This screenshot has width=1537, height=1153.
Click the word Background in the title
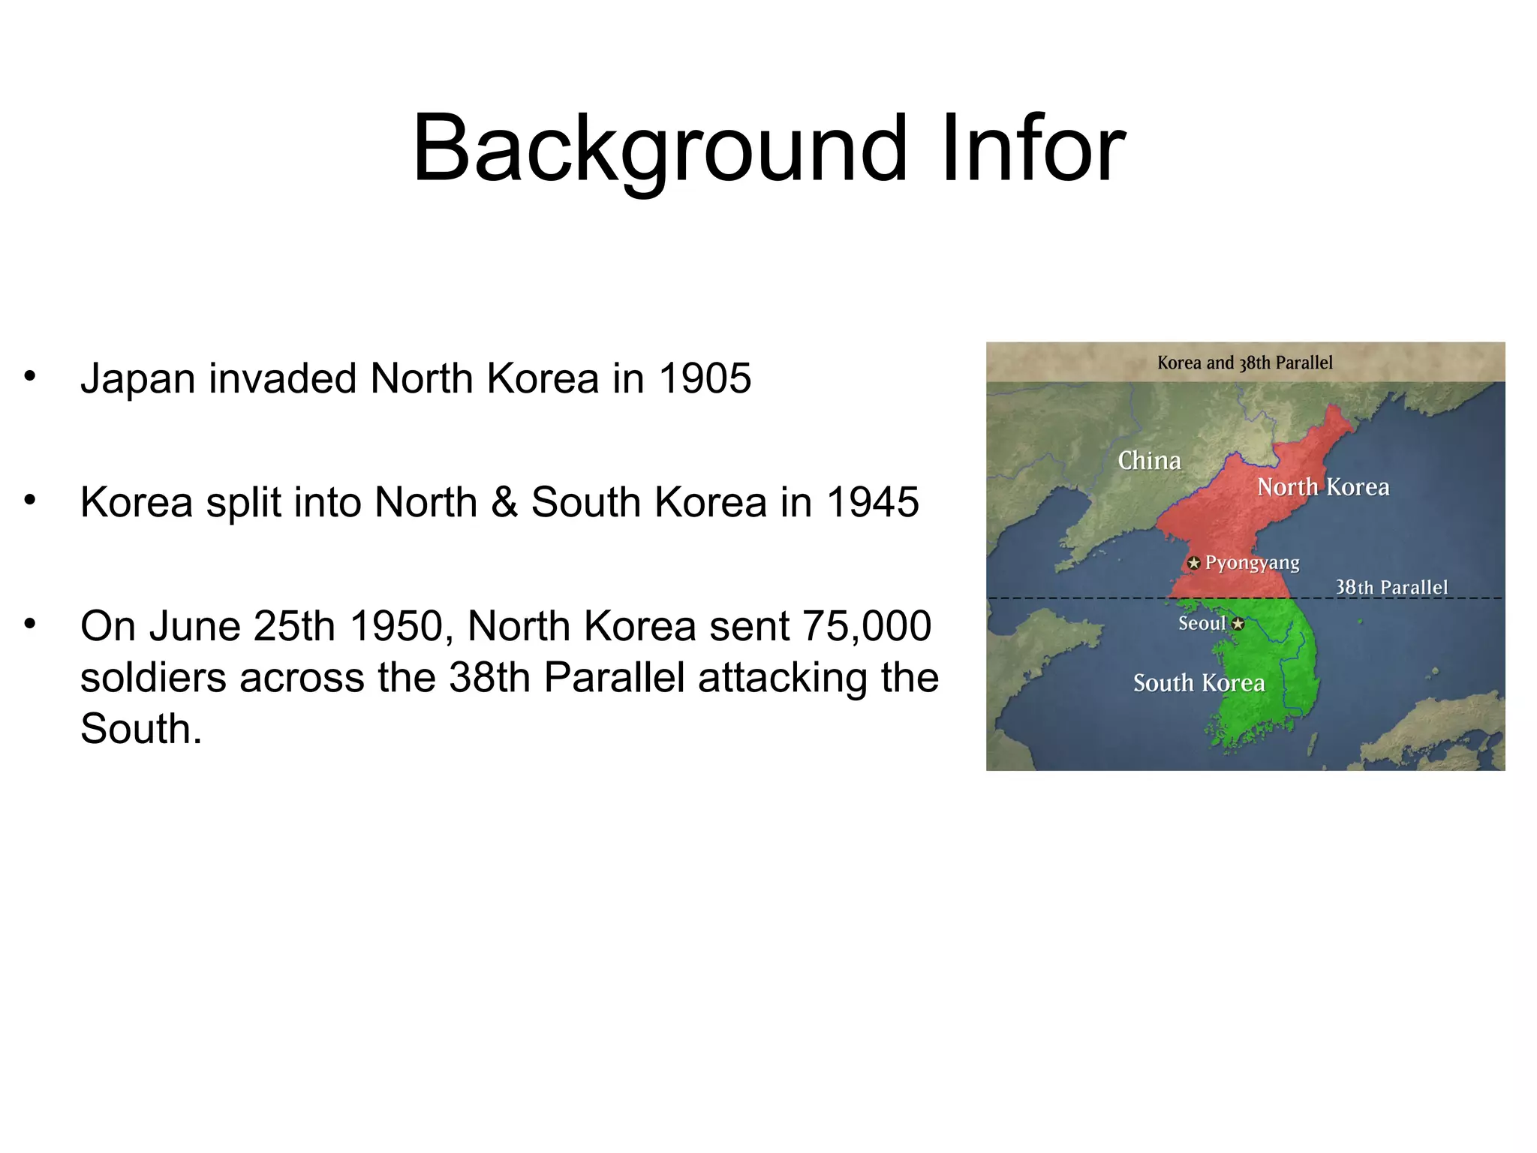[660, 149]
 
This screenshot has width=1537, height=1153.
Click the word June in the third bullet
[194, 626]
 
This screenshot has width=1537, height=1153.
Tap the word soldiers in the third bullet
[153, 678]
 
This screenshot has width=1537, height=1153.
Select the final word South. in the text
[141, 729]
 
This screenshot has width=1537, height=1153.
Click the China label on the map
[1149, 460]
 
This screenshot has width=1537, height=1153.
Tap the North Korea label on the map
[1323, 487]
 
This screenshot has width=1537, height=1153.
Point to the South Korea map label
[1199, 683]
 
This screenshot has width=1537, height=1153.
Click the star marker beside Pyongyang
[1193, 563]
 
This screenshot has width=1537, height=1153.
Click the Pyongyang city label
[1252, 563]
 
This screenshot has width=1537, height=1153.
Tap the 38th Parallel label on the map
[1391, 587]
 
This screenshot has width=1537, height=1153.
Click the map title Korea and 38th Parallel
[1244, 363]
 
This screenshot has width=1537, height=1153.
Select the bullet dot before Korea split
[29, 499]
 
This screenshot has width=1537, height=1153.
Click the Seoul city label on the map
[1202, 623]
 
